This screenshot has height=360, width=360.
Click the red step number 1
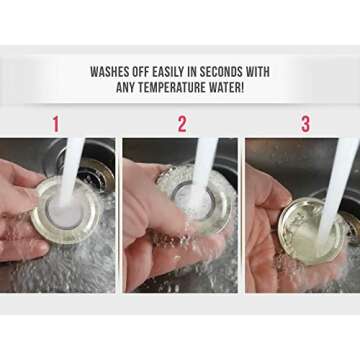click(56, 124)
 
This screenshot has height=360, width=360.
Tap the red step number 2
click(182, 124)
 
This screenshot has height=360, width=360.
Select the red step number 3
click(306, 124)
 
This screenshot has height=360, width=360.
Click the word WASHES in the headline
click(113, 72)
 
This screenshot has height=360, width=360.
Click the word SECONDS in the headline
click(233, 72)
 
